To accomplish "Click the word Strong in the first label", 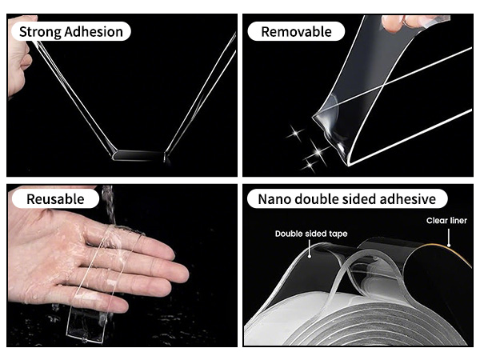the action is point(41,32).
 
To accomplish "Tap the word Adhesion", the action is point(94,31).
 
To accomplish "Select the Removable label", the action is point(296,31).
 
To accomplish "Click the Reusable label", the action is point(55,199).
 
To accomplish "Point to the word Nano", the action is point(273,199).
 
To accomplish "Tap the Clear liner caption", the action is point(446,221).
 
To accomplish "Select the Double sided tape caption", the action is point(311,234).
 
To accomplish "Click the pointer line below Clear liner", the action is point(449,238).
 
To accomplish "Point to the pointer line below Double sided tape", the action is point(310,249).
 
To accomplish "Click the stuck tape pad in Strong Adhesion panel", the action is point(138,155).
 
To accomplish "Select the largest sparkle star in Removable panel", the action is point(318,152).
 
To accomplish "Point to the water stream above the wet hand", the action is point(109,204).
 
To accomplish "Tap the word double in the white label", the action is point(314,199).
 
